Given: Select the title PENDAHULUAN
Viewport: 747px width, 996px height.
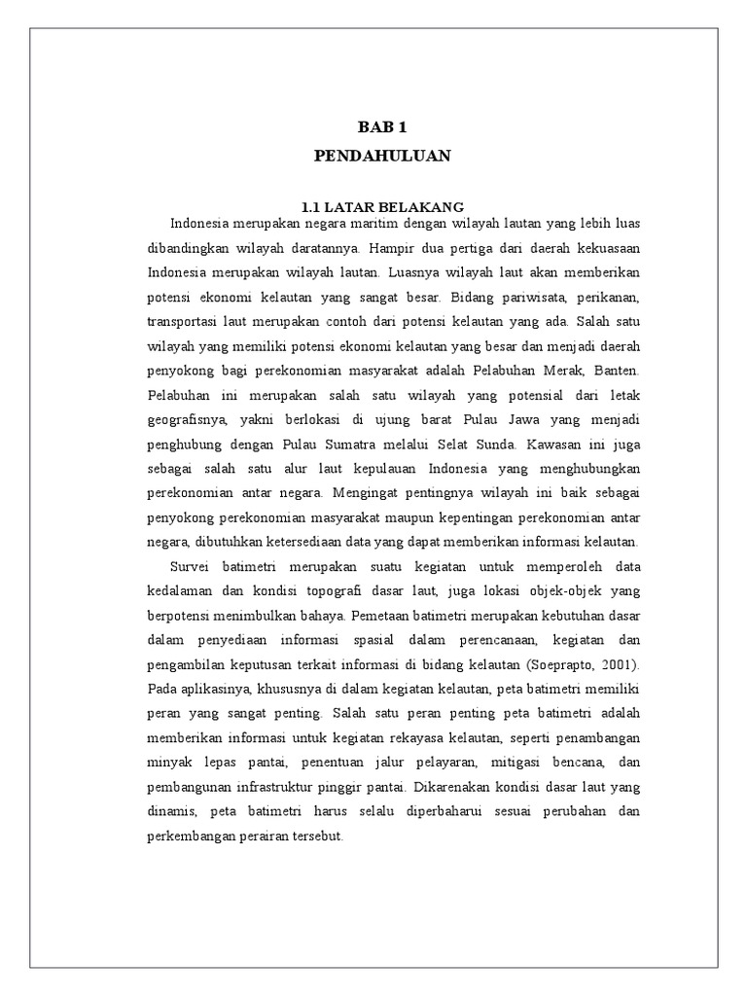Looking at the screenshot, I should tap(383, 156).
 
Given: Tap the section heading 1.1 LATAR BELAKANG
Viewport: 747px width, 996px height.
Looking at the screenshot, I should tap(382, 206).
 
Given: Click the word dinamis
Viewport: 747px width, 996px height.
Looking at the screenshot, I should tap(173, 811).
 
